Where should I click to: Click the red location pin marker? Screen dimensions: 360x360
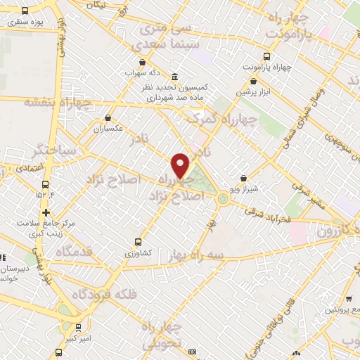181,165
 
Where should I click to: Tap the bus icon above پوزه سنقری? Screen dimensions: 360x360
25,11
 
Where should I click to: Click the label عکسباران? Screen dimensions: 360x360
109,129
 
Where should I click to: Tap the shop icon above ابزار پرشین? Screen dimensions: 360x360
254,82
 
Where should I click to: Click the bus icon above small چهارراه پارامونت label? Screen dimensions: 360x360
266,57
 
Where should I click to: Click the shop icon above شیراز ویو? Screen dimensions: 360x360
243,179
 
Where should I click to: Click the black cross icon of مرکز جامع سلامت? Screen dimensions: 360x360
46,212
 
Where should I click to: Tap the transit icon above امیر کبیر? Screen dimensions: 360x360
79,326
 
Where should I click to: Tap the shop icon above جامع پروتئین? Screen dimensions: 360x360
331,300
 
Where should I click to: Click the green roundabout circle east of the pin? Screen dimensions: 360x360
223,198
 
